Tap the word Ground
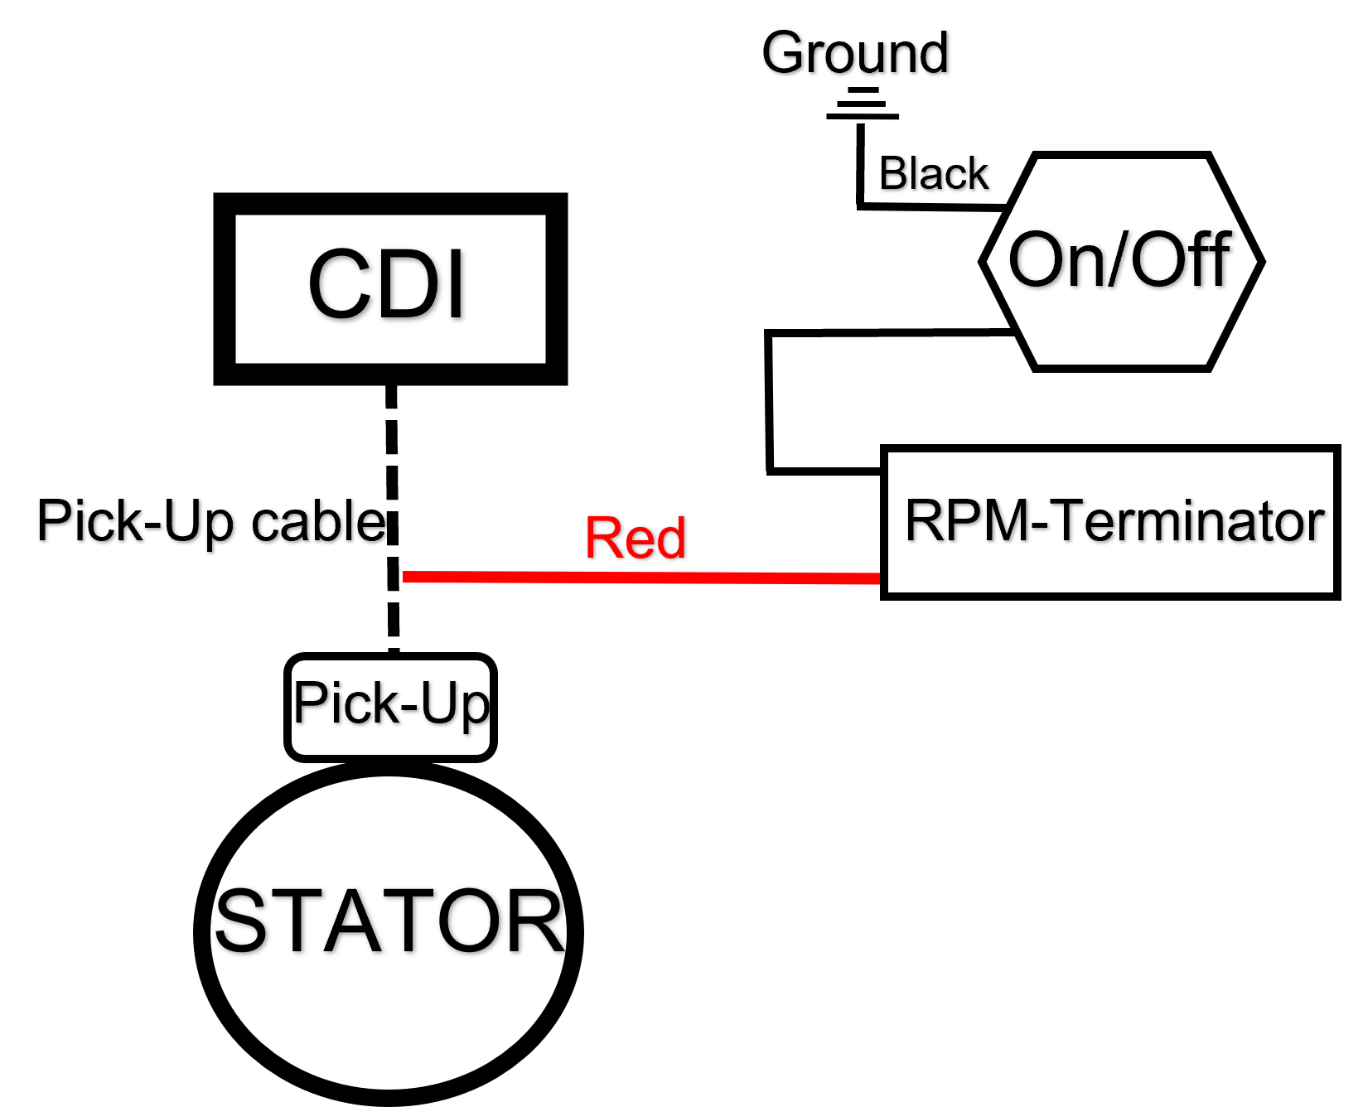(855, 54)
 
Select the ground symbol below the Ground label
(863, 104)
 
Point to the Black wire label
(934, 174)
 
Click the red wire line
(641, 577)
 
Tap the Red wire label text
(636, 538)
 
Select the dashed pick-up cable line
(392, 520)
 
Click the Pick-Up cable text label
(212, 521)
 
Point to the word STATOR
(389, 921)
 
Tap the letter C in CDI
(339, 284)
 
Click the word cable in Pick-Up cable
(319, 521)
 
